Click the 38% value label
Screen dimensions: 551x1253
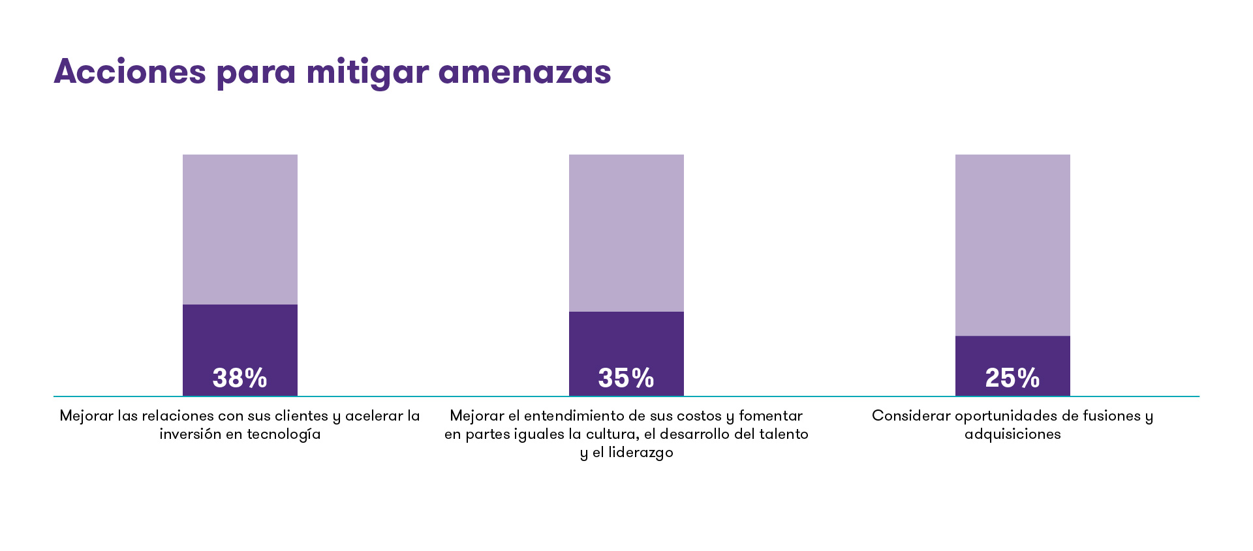[x=240, y=378]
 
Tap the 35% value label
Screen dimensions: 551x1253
[x=626, y=378]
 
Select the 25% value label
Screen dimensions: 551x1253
[x=1012, y=378]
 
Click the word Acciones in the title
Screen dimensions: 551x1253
[x=130, y=71]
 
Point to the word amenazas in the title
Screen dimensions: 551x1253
[x=525, y=71]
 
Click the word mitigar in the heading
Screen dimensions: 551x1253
[x=367, y=71]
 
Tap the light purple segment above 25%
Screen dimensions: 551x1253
[x=1012, y=245]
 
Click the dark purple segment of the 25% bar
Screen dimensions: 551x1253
[x=1012, y=352]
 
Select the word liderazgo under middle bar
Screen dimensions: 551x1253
[x=640, y=453]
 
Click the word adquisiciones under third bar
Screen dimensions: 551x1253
[x=1012, y=434]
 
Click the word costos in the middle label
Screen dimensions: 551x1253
[x=698, y=416]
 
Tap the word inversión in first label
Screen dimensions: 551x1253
[x=190, y=434]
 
